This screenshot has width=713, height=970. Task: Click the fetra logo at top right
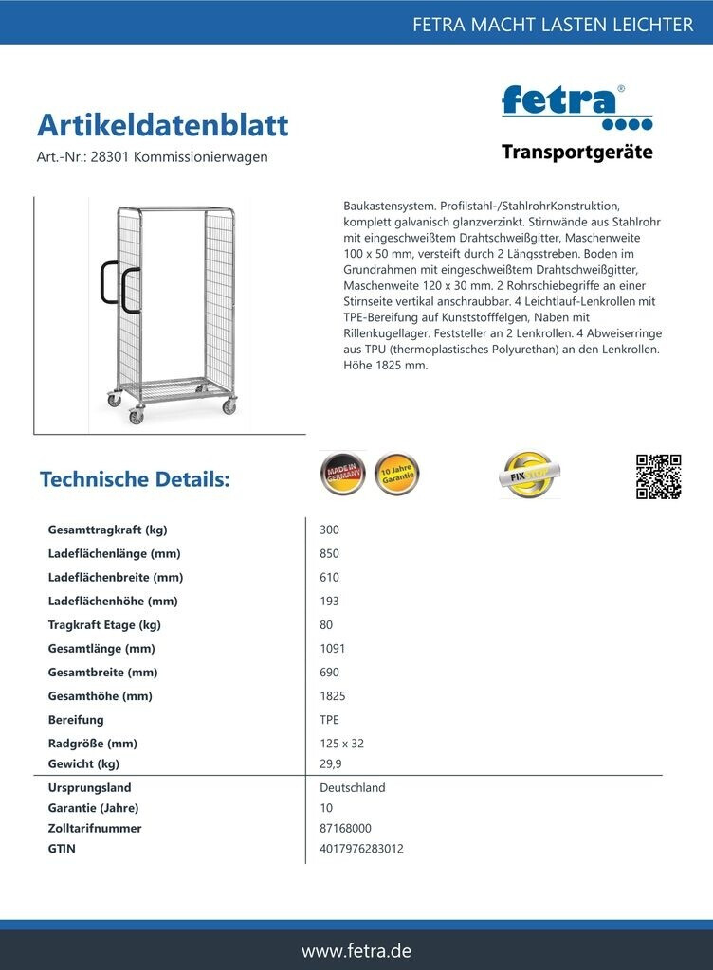[x=576, y=107]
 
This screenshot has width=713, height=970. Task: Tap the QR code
[x=658, y=476]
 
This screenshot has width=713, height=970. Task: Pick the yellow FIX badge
[x=529, y=474]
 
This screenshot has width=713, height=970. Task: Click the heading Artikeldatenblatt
[x=162, y=125]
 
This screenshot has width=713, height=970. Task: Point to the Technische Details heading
[x=135, y=479]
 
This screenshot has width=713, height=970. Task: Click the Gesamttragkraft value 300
[x=330, y=530]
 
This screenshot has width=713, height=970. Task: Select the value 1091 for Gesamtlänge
[x=333, y=649]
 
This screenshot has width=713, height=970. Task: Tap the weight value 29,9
[x=332, y=763]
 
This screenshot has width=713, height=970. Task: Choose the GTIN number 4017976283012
[x=362, y=849]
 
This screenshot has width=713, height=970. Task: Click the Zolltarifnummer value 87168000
[x=346, y=828]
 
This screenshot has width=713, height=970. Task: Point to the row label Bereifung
[x=76, y=720]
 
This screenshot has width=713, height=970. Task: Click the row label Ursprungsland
[x=89, y=787]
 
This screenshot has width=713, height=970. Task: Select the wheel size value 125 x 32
[x=342, y=744]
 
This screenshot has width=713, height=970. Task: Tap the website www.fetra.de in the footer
[x=356, y=950]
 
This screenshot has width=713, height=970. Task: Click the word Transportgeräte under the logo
[x=576, y=153]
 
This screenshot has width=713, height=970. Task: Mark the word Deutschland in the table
[x=353, y=787]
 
